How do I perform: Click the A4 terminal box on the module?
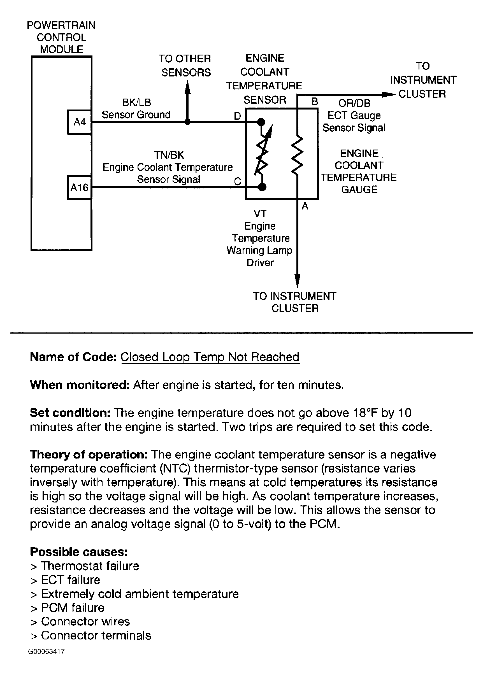tap(79, 122)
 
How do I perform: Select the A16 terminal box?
tap(79, 187)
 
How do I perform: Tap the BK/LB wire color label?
tap(136, 103)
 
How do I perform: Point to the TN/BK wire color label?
tap(169, 155)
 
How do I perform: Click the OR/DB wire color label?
tap(354, 103)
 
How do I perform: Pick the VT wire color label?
tap(260, 213)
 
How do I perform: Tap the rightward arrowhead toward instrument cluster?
tap(388, 95)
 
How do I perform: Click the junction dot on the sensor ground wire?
tap(188, 122)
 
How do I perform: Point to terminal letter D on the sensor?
tap(237, 116)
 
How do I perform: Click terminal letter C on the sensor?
tap(237, 181)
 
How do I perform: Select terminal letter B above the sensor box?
tap(315, 102)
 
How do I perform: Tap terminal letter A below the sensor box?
tap(305, 206)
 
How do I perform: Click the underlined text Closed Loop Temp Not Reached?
tap(210, 357)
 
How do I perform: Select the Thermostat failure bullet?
tap(85, 566)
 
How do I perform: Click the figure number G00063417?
tap(47, 651)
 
